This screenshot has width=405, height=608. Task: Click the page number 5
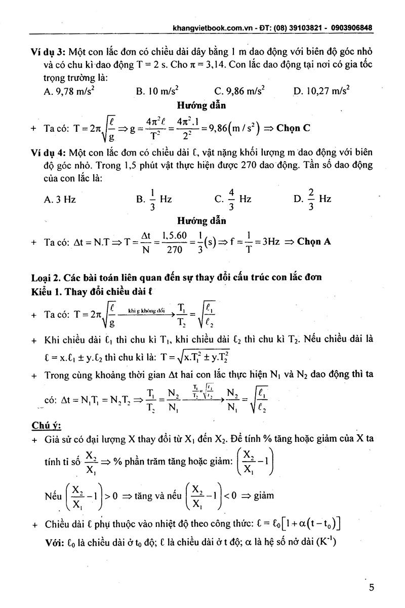pyautogui.click(x=372, y=588)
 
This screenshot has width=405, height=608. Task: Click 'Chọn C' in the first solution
pyautogui.click(x=293, y=128)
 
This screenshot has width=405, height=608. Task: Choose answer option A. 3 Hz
pyautogui.click(x=60, y=199)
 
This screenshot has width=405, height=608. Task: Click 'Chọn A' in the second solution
pyautogui.click(x=314, y=241)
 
